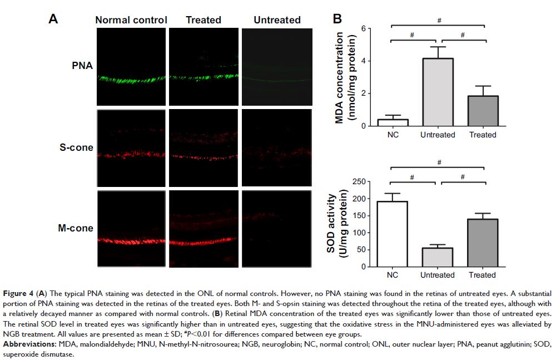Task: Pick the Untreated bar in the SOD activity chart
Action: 438,257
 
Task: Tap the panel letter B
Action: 337,19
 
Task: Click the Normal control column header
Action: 131,20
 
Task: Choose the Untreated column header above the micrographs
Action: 277,20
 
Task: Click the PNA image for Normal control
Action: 131,66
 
